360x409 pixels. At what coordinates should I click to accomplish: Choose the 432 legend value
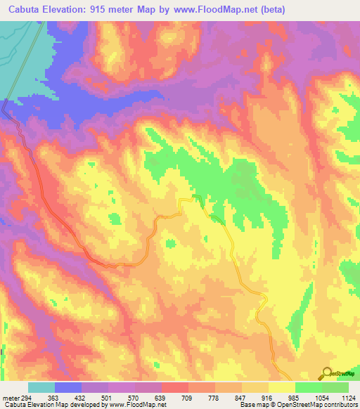pos(86,398)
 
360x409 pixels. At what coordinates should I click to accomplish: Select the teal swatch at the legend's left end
pos(41,387)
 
